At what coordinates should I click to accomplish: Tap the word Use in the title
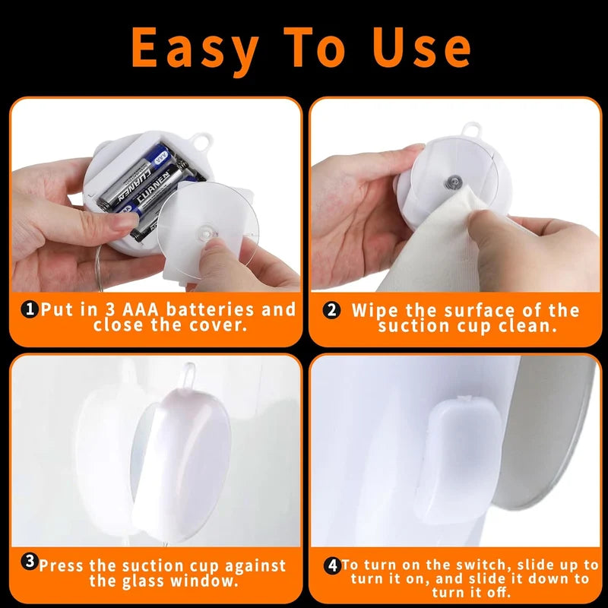coord(421,47)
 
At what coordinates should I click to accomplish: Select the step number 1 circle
coord(30,309)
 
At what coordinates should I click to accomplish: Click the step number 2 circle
coord(331,310)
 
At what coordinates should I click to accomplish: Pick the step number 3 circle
coord(30,561)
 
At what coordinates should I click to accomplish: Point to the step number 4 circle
coord(332,565)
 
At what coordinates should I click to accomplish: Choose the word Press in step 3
coord(61,565)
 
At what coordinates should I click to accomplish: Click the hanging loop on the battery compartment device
coord(201,142)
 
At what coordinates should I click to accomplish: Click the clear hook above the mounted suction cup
coord(188,375)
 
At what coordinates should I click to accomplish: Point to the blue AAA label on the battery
coord(160,158)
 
